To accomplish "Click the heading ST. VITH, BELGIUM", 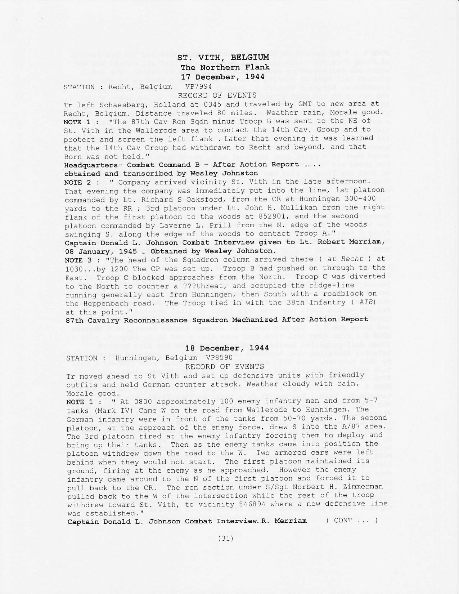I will tap(223, 58).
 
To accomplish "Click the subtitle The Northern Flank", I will tap(225, 67).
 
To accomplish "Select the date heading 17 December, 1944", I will tap(222, 77).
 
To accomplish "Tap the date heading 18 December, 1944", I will tap(227, 348).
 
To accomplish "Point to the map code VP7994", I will tap(198, 86).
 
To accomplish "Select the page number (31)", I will tap(226, 539).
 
